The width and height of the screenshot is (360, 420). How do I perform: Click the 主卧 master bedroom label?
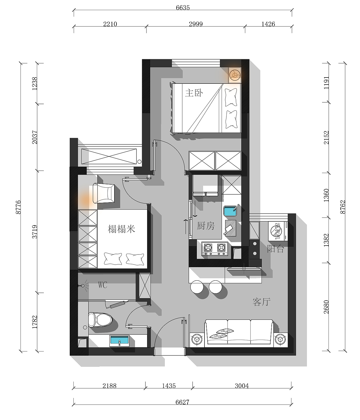point(194,93)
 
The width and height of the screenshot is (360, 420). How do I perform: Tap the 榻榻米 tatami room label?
point(121,229)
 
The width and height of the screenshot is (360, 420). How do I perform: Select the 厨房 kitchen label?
point(206,226)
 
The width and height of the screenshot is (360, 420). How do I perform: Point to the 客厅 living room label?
point(262,302)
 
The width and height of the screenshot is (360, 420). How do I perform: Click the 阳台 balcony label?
point(275,249)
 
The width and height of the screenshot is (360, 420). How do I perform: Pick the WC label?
point(102,285)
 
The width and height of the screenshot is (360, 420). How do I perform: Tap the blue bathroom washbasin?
point(119,341)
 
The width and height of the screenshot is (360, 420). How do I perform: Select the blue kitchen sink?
point(230,211)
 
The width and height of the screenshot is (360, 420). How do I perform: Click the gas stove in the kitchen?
point(215,249)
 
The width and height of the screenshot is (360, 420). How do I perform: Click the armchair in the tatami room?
point(104,193)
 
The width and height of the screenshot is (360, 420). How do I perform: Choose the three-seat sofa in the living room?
point(239,332)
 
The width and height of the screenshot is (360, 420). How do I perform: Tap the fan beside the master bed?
point(235,75)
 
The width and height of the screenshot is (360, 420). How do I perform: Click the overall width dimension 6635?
point(183,8)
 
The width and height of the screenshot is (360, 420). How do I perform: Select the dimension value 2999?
point(196,24)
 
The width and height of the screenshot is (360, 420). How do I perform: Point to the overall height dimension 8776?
point(18,207)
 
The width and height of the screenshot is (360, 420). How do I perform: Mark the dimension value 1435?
point(169,386)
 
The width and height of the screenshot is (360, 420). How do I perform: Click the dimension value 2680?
point(326,307)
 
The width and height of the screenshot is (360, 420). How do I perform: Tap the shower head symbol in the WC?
point(83,286)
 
